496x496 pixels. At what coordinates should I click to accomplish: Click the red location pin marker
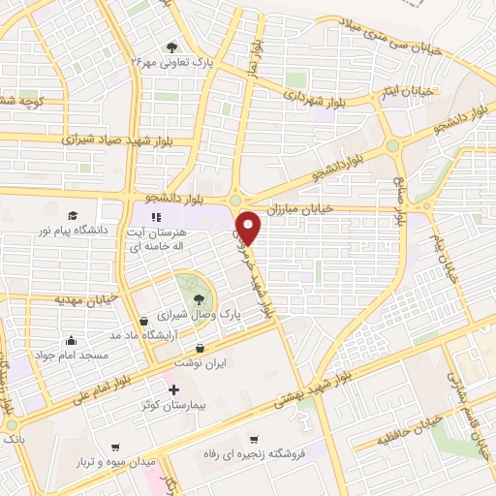[250, 227]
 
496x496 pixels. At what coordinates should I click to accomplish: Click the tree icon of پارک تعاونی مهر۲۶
[172, 46]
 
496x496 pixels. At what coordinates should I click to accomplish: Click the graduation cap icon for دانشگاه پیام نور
[73, 215]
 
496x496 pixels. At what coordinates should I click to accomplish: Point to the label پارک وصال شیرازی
[200, 316]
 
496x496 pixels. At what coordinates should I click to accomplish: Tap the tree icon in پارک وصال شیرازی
[199, 298]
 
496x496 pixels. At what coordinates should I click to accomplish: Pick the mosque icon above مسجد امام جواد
[71, 340]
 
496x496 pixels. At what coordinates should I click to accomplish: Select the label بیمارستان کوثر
[173, 407]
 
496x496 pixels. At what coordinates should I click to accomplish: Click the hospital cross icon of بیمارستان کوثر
[173, 391]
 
